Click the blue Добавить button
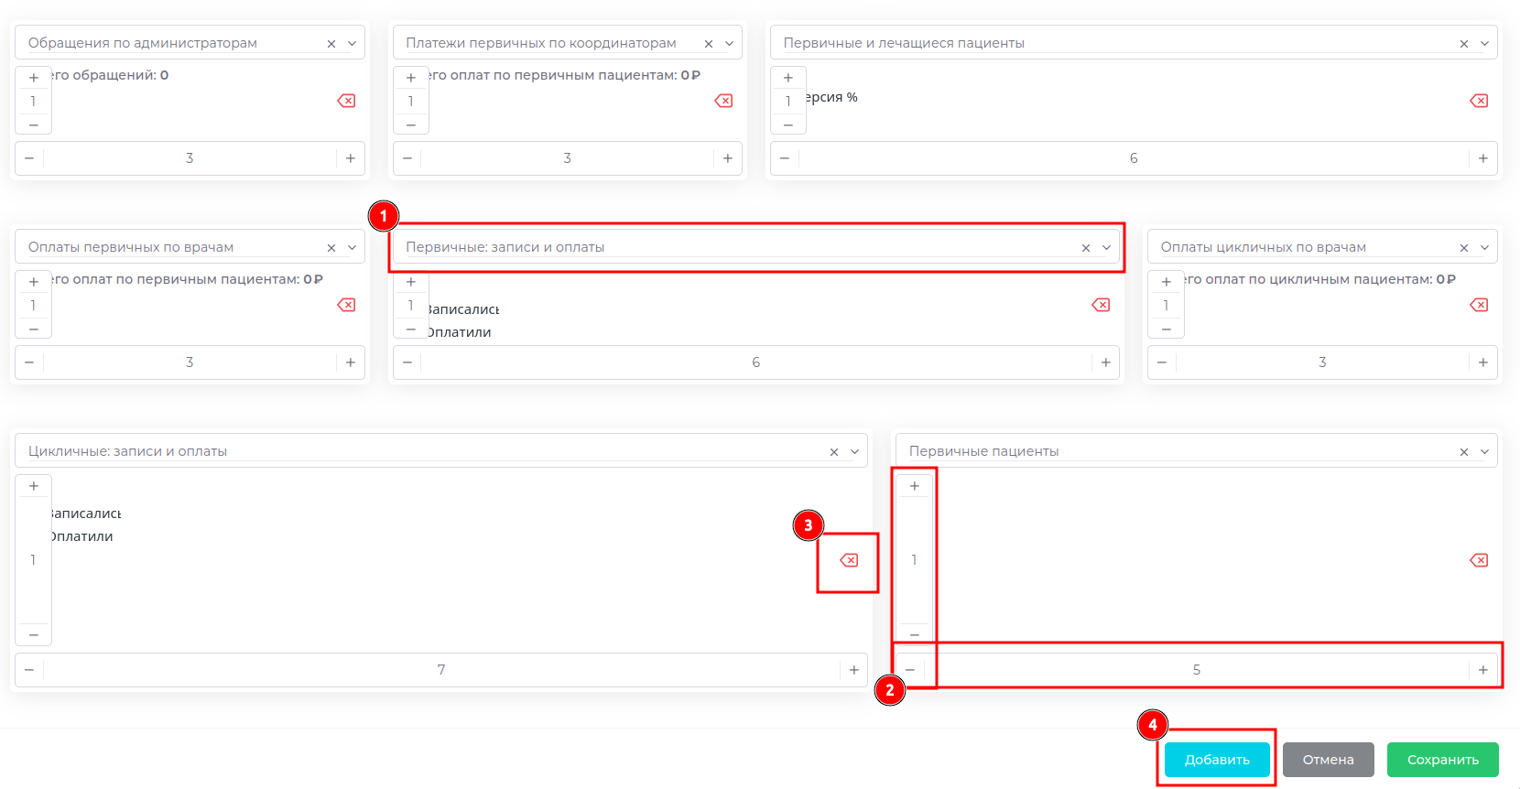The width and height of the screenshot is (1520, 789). [1216, 760]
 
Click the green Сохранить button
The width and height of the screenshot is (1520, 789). [1442, 760]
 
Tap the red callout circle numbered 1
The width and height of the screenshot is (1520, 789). [384, 216]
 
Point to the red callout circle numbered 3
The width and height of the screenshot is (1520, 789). [808, 525]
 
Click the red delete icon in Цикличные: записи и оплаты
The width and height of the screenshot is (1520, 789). [849, 560]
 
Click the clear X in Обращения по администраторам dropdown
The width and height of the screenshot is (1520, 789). [331, 44]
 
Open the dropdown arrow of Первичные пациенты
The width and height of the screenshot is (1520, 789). [1484, 451]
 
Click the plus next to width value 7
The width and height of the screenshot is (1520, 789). [853, 670]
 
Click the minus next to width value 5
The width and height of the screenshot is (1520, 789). [910, 670]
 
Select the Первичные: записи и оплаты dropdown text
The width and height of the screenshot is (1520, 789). [505, 247]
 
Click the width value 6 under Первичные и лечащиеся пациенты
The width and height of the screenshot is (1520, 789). [1133, 158]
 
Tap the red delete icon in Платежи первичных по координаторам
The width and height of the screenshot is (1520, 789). [723, 101]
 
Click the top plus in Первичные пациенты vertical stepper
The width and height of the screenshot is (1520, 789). [914, 486]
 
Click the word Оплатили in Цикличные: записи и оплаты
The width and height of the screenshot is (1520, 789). [81, 536]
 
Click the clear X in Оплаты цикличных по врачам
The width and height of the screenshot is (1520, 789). [1463, 248]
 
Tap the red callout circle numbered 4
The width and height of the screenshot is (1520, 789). [1152, 725]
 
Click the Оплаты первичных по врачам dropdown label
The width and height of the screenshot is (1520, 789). [131, 247]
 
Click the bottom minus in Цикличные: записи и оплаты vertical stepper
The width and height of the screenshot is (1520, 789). [34, 634]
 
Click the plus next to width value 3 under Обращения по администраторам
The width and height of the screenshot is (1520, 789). [350, 158]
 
